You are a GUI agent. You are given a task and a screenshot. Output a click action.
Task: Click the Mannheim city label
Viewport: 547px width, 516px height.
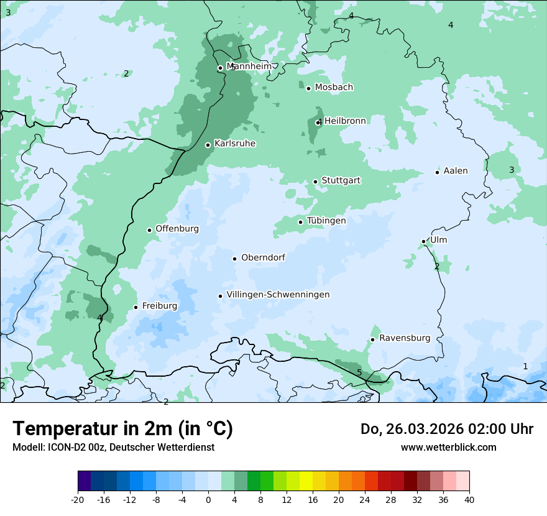click(x=249, y=67)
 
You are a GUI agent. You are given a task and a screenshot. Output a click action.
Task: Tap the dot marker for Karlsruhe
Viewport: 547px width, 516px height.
click(x=208, y=145)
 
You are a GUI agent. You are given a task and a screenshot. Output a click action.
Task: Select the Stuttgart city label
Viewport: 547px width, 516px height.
click(x=341, y=181)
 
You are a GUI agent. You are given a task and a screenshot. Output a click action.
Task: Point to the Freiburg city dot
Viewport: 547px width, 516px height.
click(x=136, y=307)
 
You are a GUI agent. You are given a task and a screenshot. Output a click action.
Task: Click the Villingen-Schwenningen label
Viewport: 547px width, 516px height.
click(x=278, y=295)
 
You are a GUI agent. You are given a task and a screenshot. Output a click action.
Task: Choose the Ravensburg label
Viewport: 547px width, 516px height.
click(x=405, y=338)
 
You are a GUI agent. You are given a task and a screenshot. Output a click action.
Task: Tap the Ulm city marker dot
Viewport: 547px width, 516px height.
click(x=424, y=241)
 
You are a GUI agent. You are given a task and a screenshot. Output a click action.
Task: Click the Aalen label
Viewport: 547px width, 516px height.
click(x=456, y=171)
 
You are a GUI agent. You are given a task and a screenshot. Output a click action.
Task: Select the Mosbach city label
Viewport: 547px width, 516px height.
click(x=334, y=88)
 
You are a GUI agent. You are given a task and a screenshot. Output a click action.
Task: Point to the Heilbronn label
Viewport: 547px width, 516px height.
click(x=345, y=121)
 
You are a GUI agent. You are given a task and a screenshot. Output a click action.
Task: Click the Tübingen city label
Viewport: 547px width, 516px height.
click(x=326, y=221)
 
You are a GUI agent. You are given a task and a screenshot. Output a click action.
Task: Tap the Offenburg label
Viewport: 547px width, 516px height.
click(x=177, y=229)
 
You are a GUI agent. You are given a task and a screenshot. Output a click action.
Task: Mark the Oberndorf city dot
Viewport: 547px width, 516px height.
click(x=234, y=259)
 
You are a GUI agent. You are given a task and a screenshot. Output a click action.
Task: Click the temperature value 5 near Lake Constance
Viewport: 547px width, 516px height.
click(x=359, y=372)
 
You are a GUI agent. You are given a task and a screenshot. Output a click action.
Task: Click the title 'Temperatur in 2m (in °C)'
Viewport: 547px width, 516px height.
click(x=122, y=428)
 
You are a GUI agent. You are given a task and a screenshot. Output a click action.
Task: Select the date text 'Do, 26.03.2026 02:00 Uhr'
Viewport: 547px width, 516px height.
click(x=447, y=429)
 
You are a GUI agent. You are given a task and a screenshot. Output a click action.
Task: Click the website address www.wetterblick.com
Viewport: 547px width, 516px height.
click(x=448, y=448)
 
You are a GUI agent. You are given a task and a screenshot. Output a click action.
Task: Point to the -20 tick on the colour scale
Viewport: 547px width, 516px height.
click(x=78, y=500)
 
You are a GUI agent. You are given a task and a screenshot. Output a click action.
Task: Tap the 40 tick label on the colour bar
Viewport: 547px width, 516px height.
click(x=469, y=500)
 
